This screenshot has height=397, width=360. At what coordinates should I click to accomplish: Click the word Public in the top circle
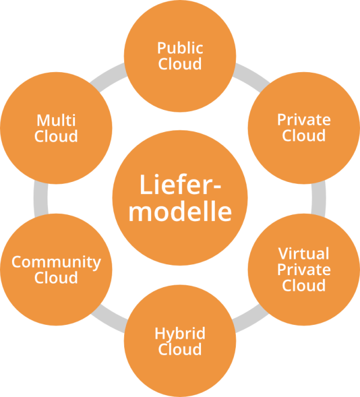click(180, 48)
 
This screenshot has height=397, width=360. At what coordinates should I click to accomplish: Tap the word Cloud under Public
click(180, 64)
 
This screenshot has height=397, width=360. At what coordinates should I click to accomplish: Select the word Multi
click(56, 120)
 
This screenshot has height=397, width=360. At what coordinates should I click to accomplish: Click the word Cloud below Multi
click(56, 136)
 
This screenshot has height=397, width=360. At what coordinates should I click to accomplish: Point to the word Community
click(56, 262)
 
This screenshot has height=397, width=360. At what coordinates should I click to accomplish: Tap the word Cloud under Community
click(56, 278)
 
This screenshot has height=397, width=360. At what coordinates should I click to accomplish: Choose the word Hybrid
click(180, 333)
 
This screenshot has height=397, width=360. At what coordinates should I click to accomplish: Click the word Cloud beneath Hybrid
click(180, 349)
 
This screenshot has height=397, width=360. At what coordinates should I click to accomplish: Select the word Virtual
click(304, 253)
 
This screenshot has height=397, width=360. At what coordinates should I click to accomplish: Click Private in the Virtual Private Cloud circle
click(304, 268)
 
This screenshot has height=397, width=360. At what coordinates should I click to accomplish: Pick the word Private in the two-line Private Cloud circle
click(304, 120)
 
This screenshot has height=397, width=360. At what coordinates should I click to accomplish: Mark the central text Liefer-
click(180, 185)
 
